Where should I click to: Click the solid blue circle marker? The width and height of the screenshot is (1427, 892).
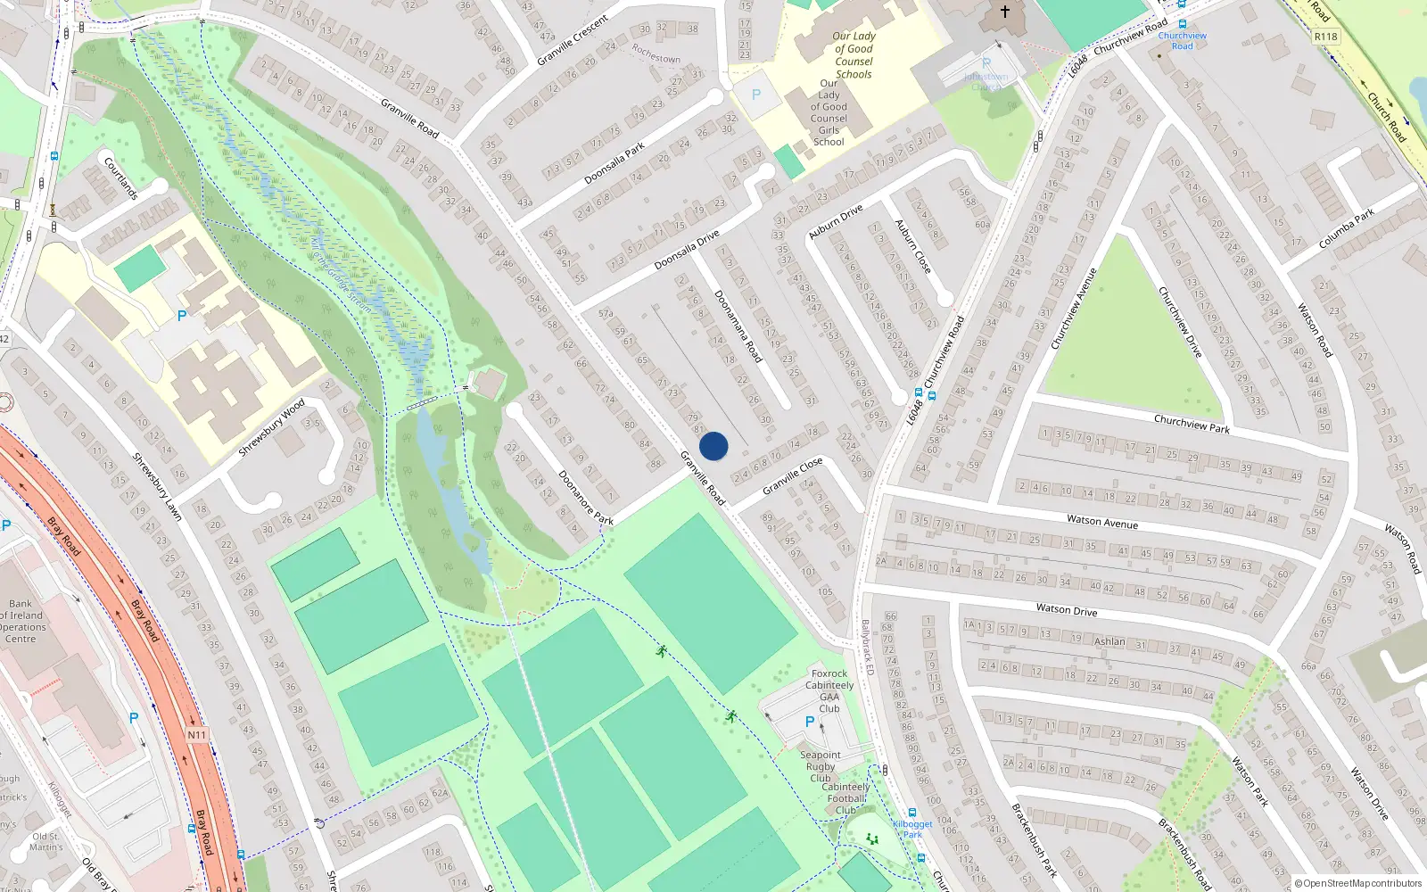(713, 446)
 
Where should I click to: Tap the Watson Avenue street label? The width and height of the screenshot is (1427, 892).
(1102, 522)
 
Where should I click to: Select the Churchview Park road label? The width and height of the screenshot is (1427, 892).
(1192, 424)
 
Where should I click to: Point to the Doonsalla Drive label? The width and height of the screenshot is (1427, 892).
(686, 251)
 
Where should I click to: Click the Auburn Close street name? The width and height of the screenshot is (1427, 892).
(913, 246)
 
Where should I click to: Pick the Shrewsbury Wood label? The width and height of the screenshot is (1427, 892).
(272, 427)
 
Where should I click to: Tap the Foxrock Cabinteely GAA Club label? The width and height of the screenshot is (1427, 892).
(829, 691)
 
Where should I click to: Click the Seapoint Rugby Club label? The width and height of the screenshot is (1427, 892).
(821, 766)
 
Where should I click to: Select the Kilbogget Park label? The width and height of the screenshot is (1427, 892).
(912, 830)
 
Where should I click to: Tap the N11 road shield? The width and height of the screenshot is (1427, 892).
(196, 735)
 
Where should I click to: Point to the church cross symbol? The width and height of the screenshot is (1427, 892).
(1004, 12)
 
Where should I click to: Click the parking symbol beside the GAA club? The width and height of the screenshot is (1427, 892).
(810, 722)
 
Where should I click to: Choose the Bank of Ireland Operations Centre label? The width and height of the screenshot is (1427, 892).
(21, 621)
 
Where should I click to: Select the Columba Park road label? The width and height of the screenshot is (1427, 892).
(1347, 228)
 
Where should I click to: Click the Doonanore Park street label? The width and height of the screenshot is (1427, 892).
(586, 498)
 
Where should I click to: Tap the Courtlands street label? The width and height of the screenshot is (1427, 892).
(121, 178)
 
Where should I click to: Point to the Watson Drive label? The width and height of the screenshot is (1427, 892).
(1067, 610)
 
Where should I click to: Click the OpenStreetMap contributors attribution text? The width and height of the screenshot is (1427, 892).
(1358, 883)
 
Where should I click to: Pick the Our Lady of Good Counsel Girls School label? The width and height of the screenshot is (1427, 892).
(829, 112)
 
